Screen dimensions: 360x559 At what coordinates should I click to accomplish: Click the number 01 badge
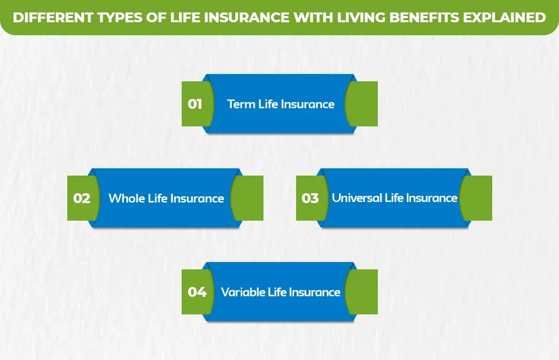(x=195, y=104)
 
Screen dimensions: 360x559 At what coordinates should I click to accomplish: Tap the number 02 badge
(x=82, y=198)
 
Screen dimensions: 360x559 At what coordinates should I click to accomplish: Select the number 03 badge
(x=310, y=198)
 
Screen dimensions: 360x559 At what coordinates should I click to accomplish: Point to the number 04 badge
(x=197, y=292)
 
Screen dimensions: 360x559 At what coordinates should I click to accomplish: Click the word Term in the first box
(x=241, y=104)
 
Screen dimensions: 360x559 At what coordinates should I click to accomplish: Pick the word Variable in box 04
(x=243, y=292)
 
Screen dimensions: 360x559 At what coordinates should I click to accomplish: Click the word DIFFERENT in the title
(x=50, y=18)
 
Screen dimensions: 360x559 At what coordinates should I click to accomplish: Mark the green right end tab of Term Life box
(x=365, y=104)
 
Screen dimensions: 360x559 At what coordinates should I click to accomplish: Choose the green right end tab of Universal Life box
(x=479, y=198)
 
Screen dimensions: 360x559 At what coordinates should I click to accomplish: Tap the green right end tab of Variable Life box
(x=365, y=292)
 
